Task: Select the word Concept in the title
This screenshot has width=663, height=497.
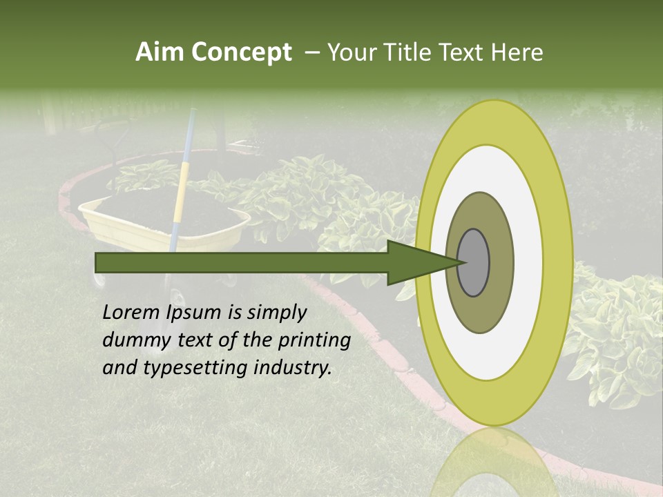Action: coord(241,52)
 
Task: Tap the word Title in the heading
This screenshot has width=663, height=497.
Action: coord(408,52)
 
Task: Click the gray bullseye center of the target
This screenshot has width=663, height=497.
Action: coord(474,263)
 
